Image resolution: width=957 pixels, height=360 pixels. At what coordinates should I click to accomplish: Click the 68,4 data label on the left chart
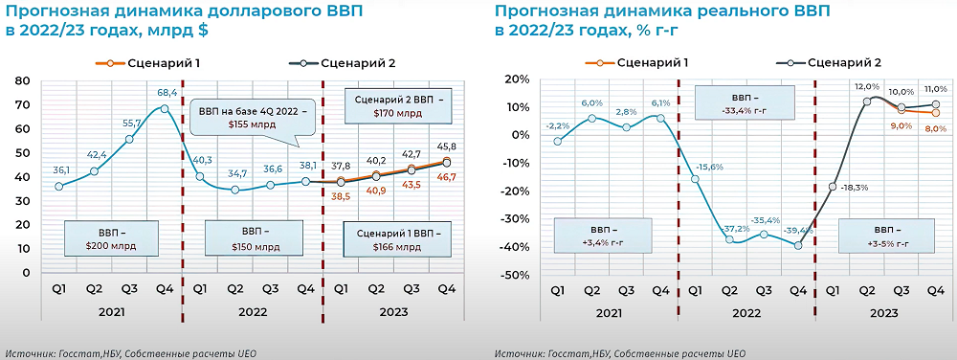[x=166, y=92]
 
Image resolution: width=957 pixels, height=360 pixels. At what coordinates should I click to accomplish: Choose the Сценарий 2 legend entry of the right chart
[x=829, y=62]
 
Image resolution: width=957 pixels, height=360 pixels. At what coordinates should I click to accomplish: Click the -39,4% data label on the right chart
[x=798, y=231]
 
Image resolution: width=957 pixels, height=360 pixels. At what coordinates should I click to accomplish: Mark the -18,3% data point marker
[x=833, y=187]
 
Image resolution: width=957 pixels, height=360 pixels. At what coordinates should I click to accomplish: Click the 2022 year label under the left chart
[x=253, y=312]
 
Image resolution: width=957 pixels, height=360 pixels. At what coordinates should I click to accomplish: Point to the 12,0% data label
[x=867, y=86]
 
